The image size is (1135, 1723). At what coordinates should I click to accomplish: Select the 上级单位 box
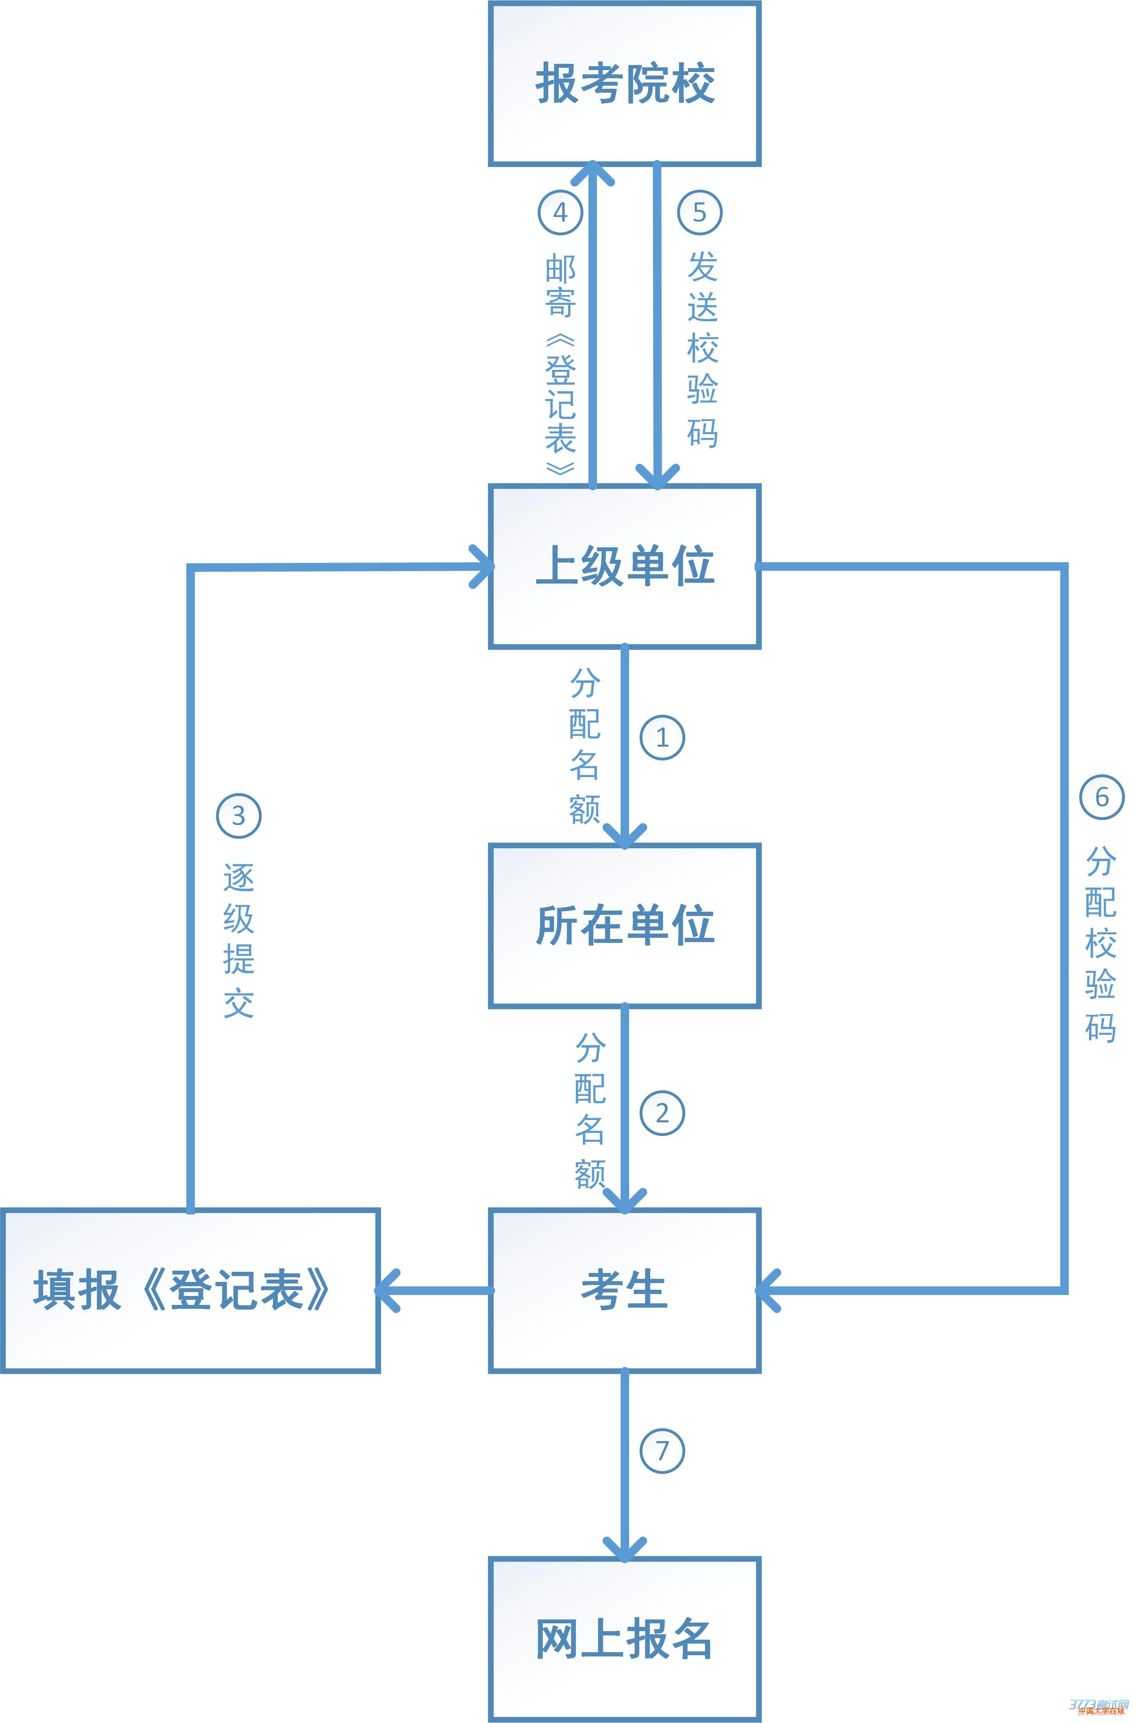625,566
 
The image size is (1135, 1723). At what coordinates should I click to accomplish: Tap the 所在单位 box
625,926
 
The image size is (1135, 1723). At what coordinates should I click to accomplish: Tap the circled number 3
238,816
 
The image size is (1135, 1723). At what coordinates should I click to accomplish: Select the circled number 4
560,212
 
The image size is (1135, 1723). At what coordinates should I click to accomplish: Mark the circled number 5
699,212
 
